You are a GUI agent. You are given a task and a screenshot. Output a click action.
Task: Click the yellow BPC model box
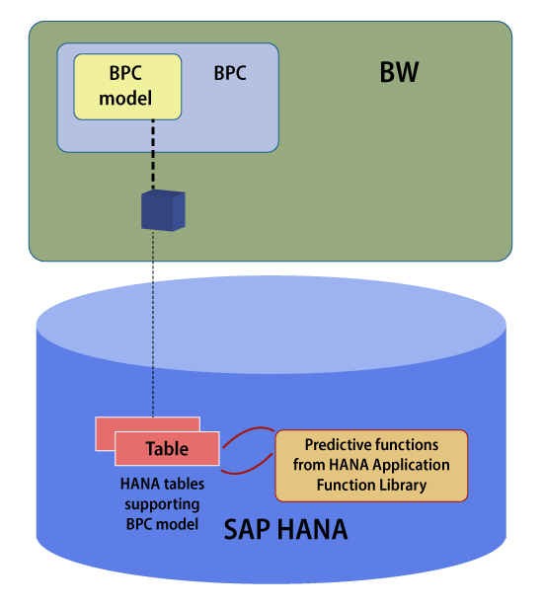click(127, 87)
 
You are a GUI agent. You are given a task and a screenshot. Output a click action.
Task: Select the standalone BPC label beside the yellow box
click(230, 73)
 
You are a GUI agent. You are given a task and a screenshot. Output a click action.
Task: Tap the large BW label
click(399, 72)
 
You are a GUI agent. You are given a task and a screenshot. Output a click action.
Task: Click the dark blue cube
click(163, 210)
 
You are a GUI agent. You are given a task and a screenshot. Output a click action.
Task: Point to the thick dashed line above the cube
click(153, 155)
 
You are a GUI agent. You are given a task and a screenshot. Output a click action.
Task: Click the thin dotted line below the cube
click(153, 324)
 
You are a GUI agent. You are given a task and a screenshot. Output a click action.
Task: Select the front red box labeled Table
click(167, 448)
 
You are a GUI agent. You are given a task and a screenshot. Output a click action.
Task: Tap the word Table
click(167, 449)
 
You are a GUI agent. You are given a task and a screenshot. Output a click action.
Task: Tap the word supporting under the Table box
click(162, 504)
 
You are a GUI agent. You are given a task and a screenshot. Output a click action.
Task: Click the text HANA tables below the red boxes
click(162, 484)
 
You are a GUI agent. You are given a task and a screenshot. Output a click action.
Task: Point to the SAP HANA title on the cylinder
click(286, 529)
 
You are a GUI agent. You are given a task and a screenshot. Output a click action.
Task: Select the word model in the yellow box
click(125, 98)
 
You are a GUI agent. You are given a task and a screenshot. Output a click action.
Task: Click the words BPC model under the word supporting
click(162, 524)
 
